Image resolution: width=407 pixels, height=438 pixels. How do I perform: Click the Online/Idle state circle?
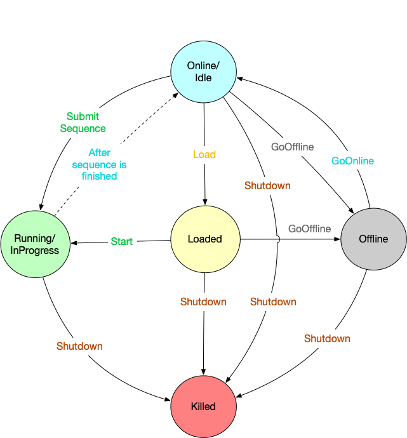[203, 70]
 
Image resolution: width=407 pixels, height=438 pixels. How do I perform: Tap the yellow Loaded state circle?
[204, 239]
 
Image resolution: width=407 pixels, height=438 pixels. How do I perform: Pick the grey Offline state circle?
[373, 239]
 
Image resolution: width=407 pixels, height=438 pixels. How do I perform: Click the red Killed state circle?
[203, 406]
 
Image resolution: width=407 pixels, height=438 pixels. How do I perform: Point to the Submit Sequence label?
[83, 123]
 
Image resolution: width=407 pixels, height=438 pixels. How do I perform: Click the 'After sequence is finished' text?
[99, 164]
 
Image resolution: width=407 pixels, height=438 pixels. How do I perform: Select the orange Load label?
[204, 154]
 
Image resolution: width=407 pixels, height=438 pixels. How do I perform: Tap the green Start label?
[122, 241]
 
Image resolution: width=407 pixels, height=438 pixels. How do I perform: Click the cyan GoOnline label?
[352, 161]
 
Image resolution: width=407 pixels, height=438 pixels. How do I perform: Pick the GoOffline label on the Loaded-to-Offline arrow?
[309, 229]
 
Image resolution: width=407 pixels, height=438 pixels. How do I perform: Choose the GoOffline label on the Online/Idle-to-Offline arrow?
[292, 147]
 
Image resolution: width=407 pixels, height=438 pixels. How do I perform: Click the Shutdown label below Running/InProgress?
[79, 346]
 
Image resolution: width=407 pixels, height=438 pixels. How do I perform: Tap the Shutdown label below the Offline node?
[327, 338]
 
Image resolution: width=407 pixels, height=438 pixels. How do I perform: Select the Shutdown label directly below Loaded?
[203, 302]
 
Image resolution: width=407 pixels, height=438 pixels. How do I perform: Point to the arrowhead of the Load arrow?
[204, 202]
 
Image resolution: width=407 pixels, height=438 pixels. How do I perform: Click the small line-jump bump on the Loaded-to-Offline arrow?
[277, 239]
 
